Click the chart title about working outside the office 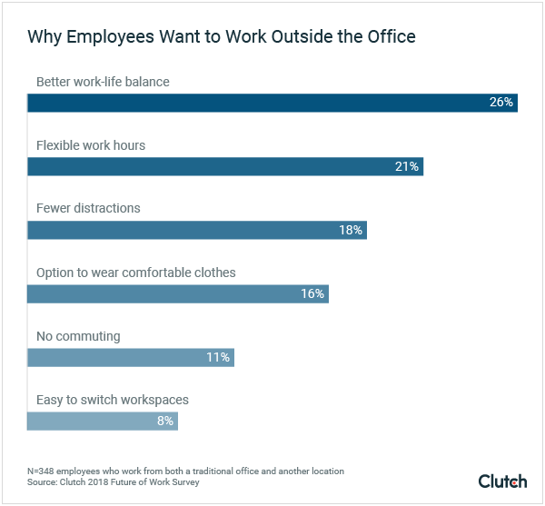tap(221, 37)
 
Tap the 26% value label tap(500, 103)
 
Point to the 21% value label tap(406, 166)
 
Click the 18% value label tap(350, 230)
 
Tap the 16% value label tap(312, 293)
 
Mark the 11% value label tap(217, 357)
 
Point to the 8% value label tap(164, 421)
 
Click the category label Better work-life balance tap(103, 82)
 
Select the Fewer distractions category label tap(88, 208)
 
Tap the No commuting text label tap(78, 336)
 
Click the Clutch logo tap(502, 480)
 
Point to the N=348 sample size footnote tap(185, 471)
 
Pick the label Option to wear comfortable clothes tap(135, 273)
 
